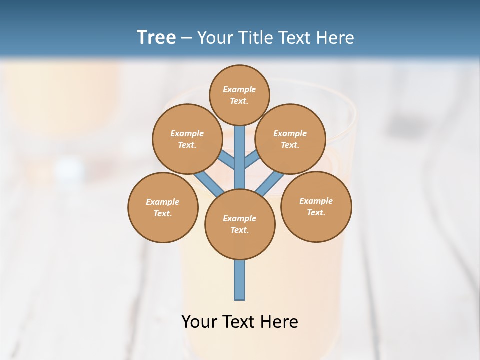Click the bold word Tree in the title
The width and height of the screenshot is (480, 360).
tap(156, 37)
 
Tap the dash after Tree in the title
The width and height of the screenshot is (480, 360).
tap(186, 38)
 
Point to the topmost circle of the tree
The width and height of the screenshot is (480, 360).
tap(239, 95)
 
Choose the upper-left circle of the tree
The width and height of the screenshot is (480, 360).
tap(187, 139)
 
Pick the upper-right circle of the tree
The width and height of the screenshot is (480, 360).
tap(290, 139)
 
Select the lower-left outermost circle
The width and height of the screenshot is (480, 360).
tap(163, 207)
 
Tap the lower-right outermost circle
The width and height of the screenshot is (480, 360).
tap(316, 206)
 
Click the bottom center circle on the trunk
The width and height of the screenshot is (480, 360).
tap(240, 224)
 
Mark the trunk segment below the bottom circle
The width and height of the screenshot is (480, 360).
tap(240, 280)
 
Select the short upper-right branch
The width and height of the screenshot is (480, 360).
tap(252, 159)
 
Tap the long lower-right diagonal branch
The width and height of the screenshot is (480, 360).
tap(270, 184)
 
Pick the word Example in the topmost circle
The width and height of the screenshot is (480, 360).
tap(239, 89)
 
